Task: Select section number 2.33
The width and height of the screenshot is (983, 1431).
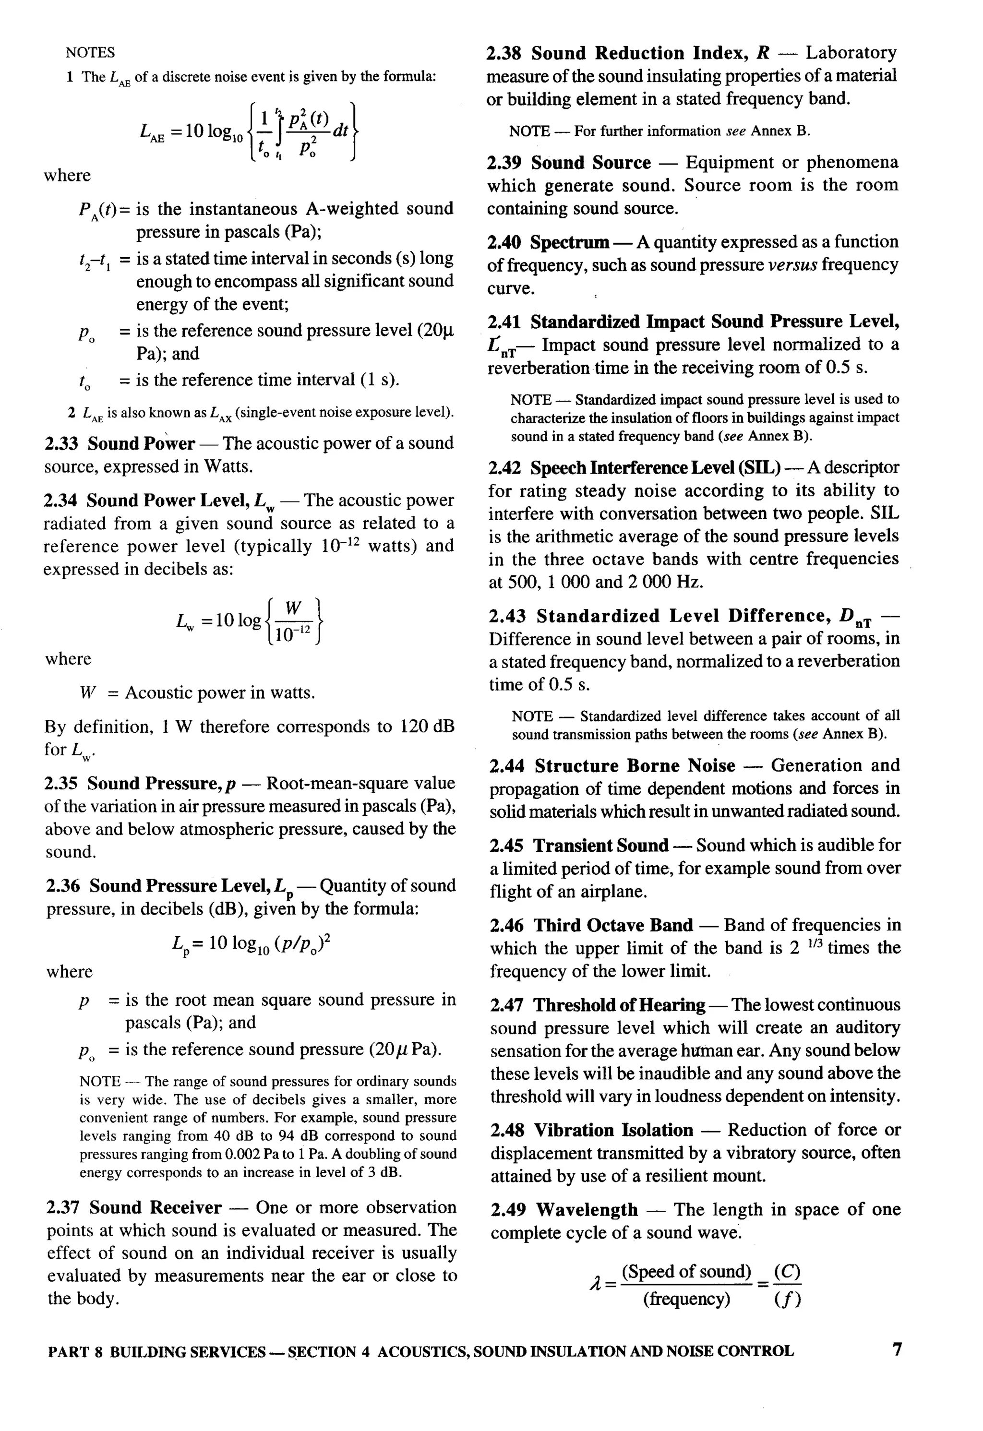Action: tap(63, 443)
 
